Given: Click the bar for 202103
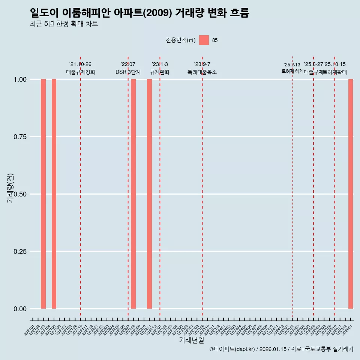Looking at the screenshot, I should [x=43, y=194].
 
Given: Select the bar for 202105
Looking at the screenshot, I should [x=54, y=194].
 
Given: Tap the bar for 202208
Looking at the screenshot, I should [x=133, y=194].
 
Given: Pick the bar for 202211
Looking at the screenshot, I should [x=149, y=194].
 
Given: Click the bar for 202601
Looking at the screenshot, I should [x=351, y=194].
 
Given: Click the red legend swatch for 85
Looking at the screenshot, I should [x=204, y=40].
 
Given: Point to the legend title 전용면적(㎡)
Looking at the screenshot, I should [x=180, y=40].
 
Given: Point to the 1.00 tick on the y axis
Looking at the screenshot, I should [x=20, y=79].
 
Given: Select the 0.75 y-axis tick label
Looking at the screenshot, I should [x=20, y=137].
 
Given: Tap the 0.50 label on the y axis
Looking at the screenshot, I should [x=20, y=194].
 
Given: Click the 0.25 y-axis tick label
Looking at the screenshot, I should [x=20, y=252].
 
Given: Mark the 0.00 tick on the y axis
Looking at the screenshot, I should [x=20, y=309].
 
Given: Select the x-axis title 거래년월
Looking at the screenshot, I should [x=192, y=340].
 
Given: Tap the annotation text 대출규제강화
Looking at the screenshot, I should [x=81, y=72].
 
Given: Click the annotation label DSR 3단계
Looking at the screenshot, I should [x=128, y=72].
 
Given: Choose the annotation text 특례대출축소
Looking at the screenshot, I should [x=202, y=72].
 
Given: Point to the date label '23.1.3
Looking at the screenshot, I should [x=160, y=64].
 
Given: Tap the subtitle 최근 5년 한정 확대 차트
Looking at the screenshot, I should [x=64, y=24].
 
